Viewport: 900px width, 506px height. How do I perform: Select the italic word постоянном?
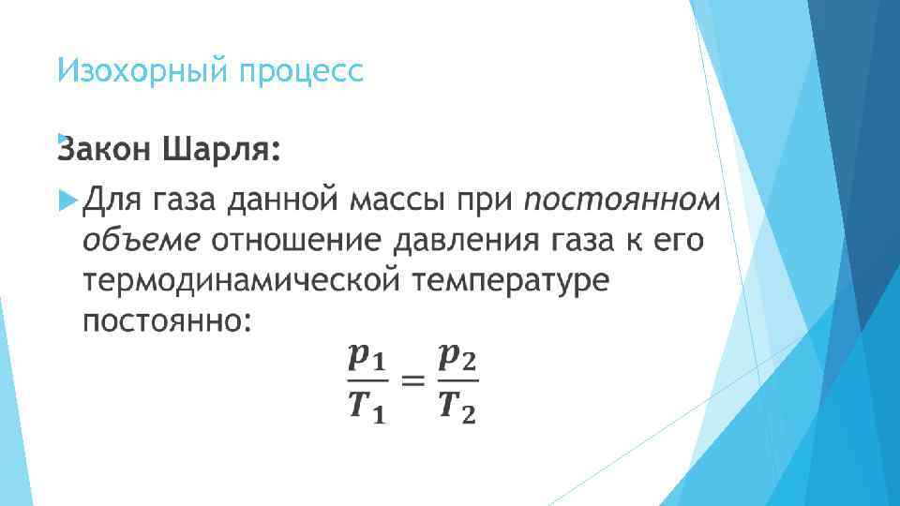click(x=621, y=201)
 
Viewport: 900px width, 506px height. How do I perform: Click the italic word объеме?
click(x=141, y=241)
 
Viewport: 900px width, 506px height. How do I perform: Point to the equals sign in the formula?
click(x=412, y=380)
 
